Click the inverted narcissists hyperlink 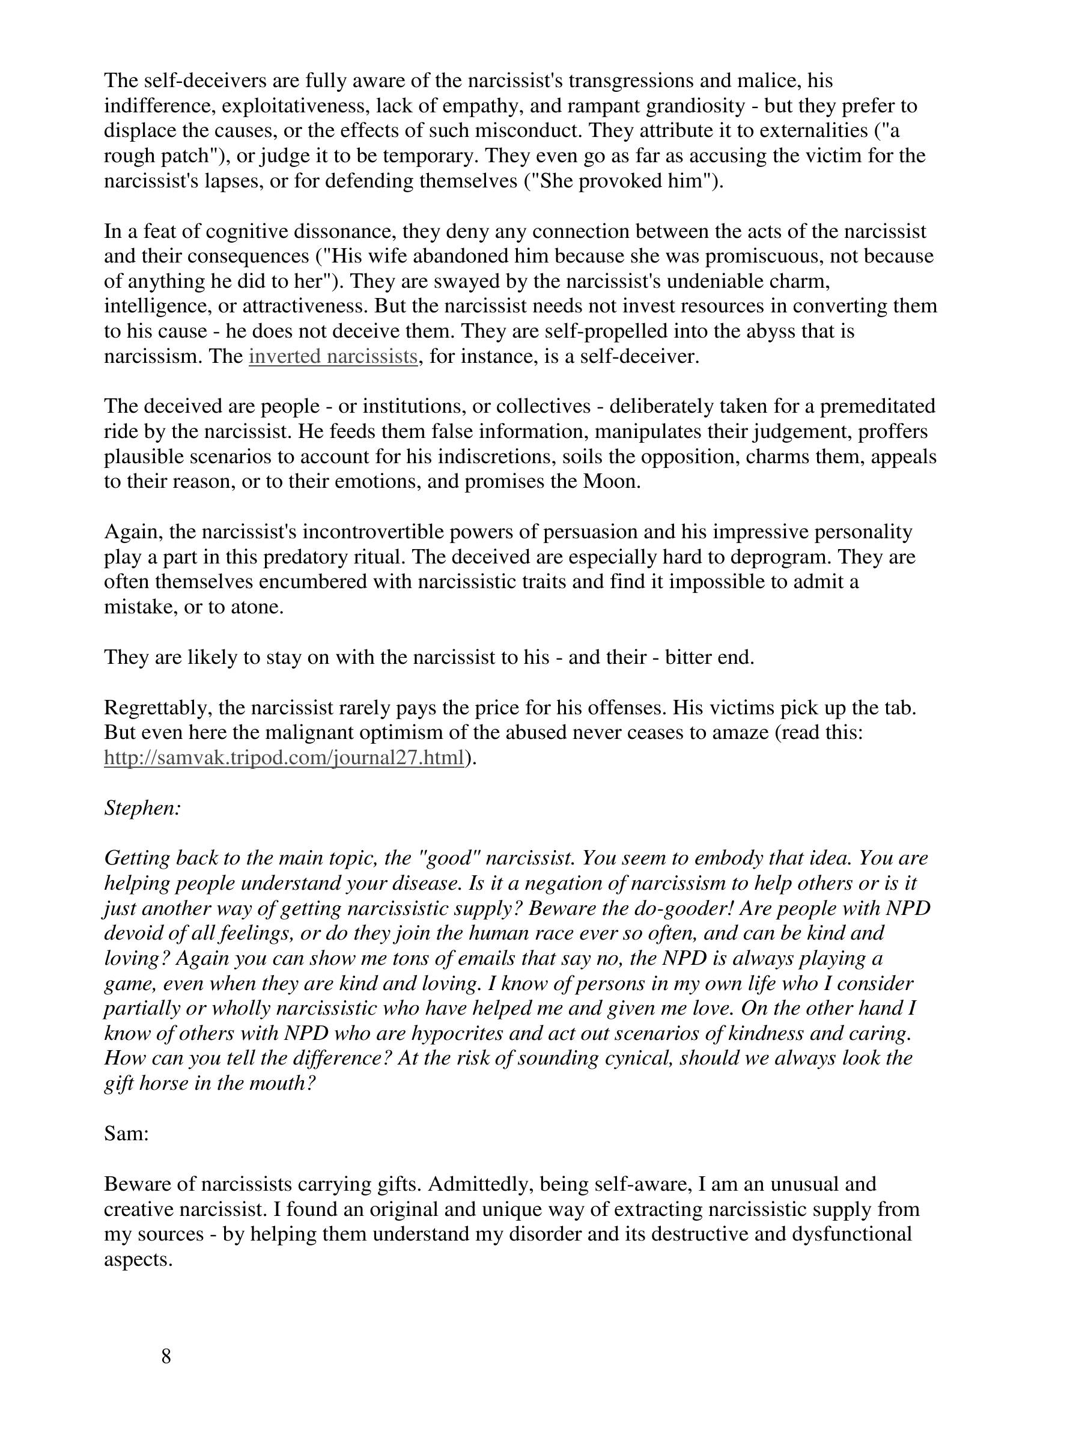pos(332,356)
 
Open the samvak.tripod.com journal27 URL pos(284,758)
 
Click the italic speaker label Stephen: pos(142,808)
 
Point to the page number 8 pos(166,1356)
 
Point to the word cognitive pos(246,231)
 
